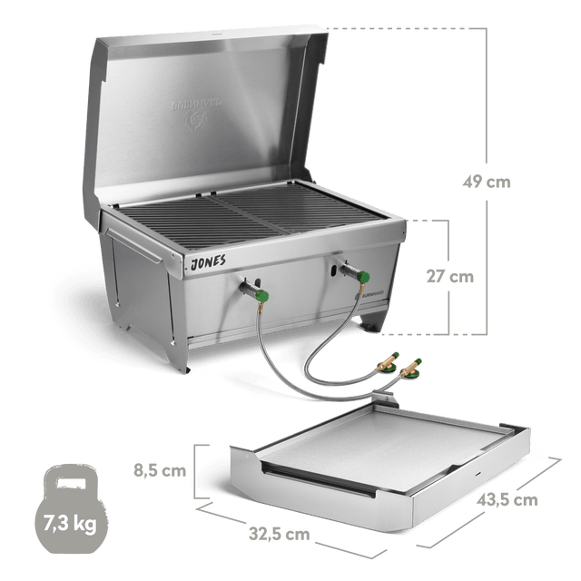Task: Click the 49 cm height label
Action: pos(486,182)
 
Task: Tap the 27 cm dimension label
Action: pos(450,277)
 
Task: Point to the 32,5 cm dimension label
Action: pos(283,535)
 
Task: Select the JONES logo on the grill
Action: pos(209,261)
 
